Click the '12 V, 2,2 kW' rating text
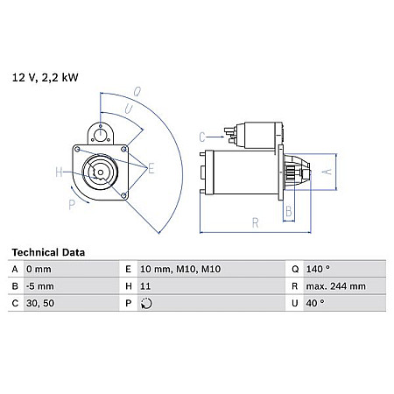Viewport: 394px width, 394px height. tap(45, 78)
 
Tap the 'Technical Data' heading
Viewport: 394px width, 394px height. tap(48, 252)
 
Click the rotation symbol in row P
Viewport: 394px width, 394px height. tap(147, 303)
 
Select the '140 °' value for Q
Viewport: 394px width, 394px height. tap(319, 269)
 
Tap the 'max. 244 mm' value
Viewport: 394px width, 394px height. tap(334, 285)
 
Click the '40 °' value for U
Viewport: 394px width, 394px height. tap(316, 303)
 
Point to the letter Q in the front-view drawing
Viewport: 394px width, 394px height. tap(138, 90)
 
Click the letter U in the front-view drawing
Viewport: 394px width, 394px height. tap(128, 109)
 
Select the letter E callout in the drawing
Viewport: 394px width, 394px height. tap(151, 168)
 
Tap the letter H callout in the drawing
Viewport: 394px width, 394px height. tap(58, 172)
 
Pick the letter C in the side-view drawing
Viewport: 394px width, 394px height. tap(202, 136)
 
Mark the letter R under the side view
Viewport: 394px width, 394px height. tap(256, 223)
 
